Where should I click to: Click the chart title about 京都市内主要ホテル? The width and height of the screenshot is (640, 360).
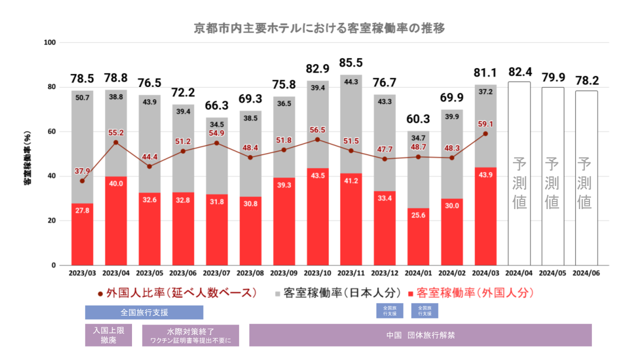click(x=319, y=28)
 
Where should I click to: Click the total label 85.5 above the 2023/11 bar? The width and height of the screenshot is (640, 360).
click(x=351, y=63)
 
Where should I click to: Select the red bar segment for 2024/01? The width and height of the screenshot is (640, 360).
click(x=418, y=236)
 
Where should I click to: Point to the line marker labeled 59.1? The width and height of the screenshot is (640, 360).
click(x=485, y=133)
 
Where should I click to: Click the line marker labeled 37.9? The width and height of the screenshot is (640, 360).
click(x=82, y=180)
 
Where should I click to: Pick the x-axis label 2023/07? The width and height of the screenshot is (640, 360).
click(x=217, y=273)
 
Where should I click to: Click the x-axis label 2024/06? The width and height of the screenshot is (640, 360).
click(x=586, y=273)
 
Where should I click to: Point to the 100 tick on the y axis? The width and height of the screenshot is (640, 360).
click(x=50, y=42)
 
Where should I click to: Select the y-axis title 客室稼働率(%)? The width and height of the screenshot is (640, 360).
click(x=28, y=153)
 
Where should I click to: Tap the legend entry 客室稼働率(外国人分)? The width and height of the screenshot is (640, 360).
click(x=470, y=293)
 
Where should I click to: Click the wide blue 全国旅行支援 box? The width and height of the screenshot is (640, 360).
click(x=144, y=312)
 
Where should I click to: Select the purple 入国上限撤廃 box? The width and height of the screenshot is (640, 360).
click(x=108, y=335)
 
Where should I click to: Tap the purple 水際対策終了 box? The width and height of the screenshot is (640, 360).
click(x=190, y=335)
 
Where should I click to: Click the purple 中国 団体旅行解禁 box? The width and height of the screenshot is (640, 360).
click(x=420, y=335)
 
